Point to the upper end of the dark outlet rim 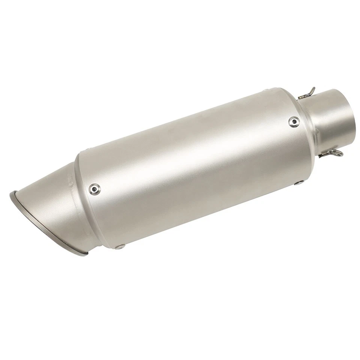click(10, 195)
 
